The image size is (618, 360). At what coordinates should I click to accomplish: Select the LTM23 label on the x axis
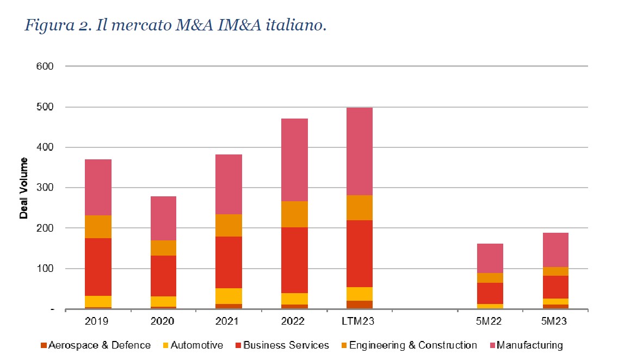357,321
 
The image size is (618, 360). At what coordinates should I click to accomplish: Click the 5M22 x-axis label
488,321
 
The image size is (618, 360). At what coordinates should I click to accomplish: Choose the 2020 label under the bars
162,321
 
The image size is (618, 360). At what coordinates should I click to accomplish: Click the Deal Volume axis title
24,188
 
